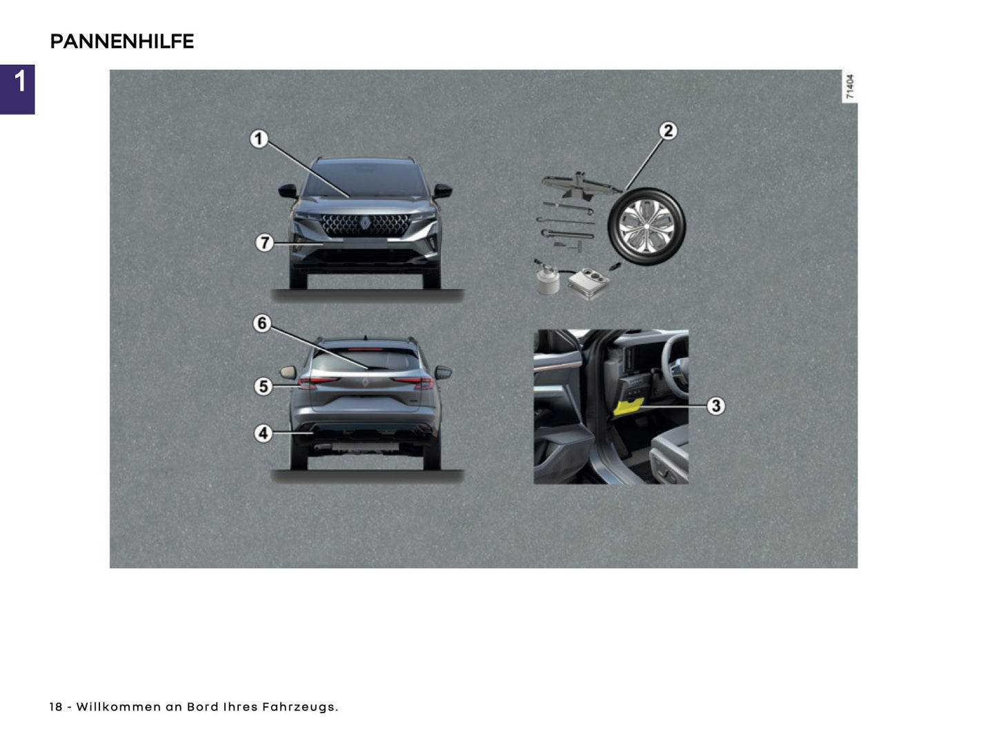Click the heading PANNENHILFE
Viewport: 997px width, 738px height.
(121, 41)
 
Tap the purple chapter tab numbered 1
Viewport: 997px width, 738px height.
(18, 89)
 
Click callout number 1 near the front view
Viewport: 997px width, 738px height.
(259, 139)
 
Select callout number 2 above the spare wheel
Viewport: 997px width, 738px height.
(667, 130)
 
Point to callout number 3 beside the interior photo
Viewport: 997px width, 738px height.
(715, 406)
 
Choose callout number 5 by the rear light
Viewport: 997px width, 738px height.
(263, 386)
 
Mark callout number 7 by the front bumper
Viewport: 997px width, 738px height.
(264, 243)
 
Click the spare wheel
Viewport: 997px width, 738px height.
(646, 226)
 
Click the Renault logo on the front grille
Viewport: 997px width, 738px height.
(365, 223)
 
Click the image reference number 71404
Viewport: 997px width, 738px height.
(850, 87)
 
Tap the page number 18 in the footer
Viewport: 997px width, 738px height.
(55, 707)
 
